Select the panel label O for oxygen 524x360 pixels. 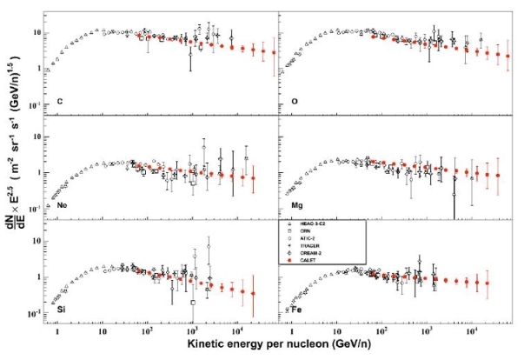[284, 101]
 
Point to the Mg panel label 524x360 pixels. [287, 205]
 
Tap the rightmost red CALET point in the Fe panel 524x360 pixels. [488, 283]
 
